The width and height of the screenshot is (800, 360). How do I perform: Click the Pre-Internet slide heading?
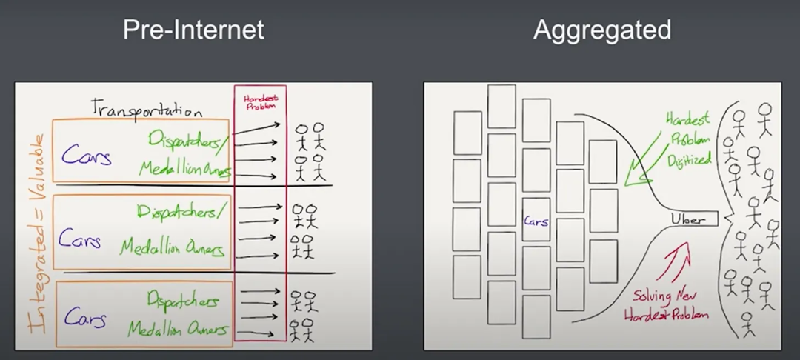[x=193, y=30]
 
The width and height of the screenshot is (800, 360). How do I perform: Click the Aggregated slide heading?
[x=601, y=30]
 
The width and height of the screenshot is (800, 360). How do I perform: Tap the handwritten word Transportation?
[x=146, y=109]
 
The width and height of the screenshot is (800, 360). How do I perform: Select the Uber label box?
[x=693, y=219]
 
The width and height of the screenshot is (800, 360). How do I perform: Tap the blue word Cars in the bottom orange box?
[x=85, y=317]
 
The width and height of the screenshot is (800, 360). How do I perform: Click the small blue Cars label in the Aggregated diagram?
[x=536, y=221]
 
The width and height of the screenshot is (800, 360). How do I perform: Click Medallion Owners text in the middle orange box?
[x=172, y=247]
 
